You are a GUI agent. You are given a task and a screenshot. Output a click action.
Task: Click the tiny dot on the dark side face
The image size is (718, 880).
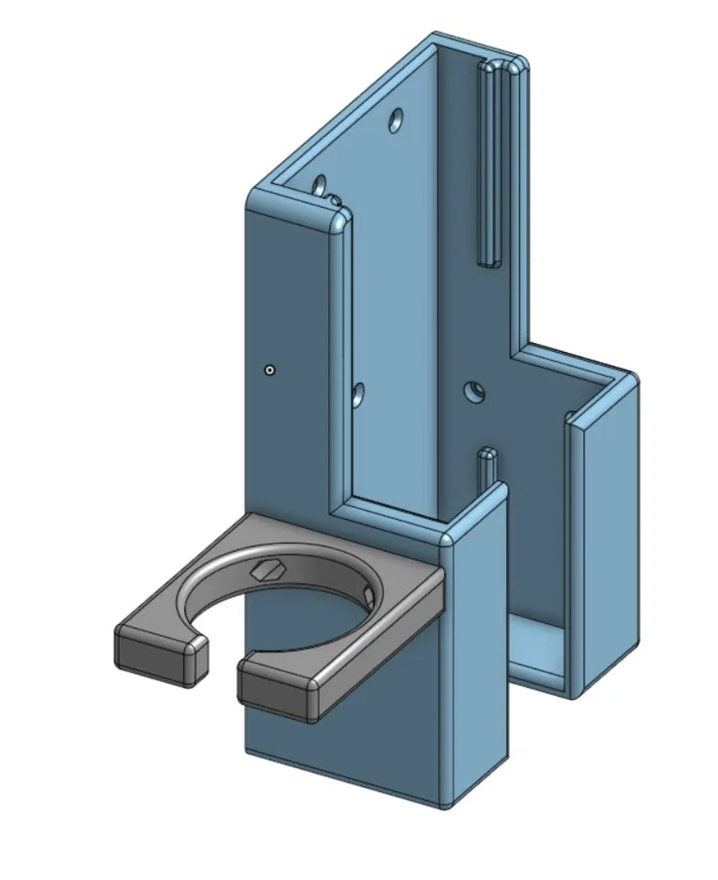click(269, 369)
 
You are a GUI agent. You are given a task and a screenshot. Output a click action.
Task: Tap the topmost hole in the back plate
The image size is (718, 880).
click(396, 120)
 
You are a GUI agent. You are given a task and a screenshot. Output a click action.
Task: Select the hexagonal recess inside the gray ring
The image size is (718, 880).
click(267, 569)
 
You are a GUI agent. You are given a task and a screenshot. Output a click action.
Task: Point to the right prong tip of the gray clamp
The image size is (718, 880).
click(276, 688)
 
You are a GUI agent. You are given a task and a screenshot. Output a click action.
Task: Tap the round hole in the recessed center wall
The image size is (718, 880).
click(474, 391)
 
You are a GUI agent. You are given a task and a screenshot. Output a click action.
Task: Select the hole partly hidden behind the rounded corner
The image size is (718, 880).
click(320, 187)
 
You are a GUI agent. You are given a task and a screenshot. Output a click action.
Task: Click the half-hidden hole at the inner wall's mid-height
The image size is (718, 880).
click(358, 396)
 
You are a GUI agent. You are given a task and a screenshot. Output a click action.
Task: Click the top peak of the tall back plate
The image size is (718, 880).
click(434, 38)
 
